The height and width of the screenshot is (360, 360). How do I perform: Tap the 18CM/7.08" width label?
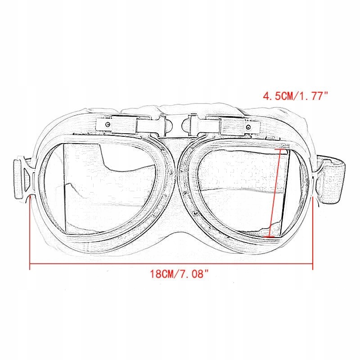click(x=180, y=273)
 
